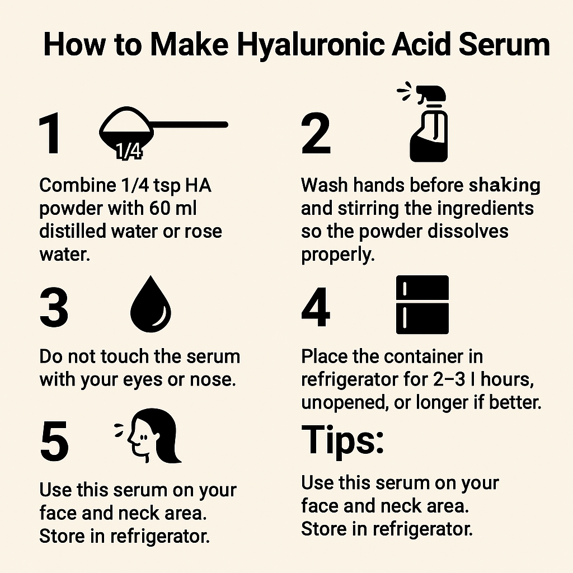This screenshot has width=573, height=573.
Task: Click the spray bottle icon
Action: point(428,126)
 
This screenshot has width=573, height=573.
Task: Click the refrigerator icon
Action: point(422,305)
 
